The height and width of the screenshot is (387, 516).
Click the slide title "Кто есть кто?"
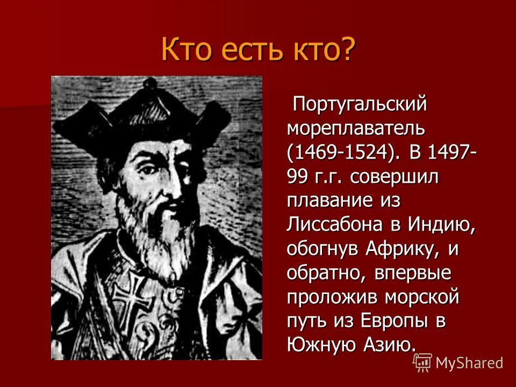coord(258,50)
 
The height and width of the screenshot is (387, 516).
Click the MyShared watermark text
coord(469,363)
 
